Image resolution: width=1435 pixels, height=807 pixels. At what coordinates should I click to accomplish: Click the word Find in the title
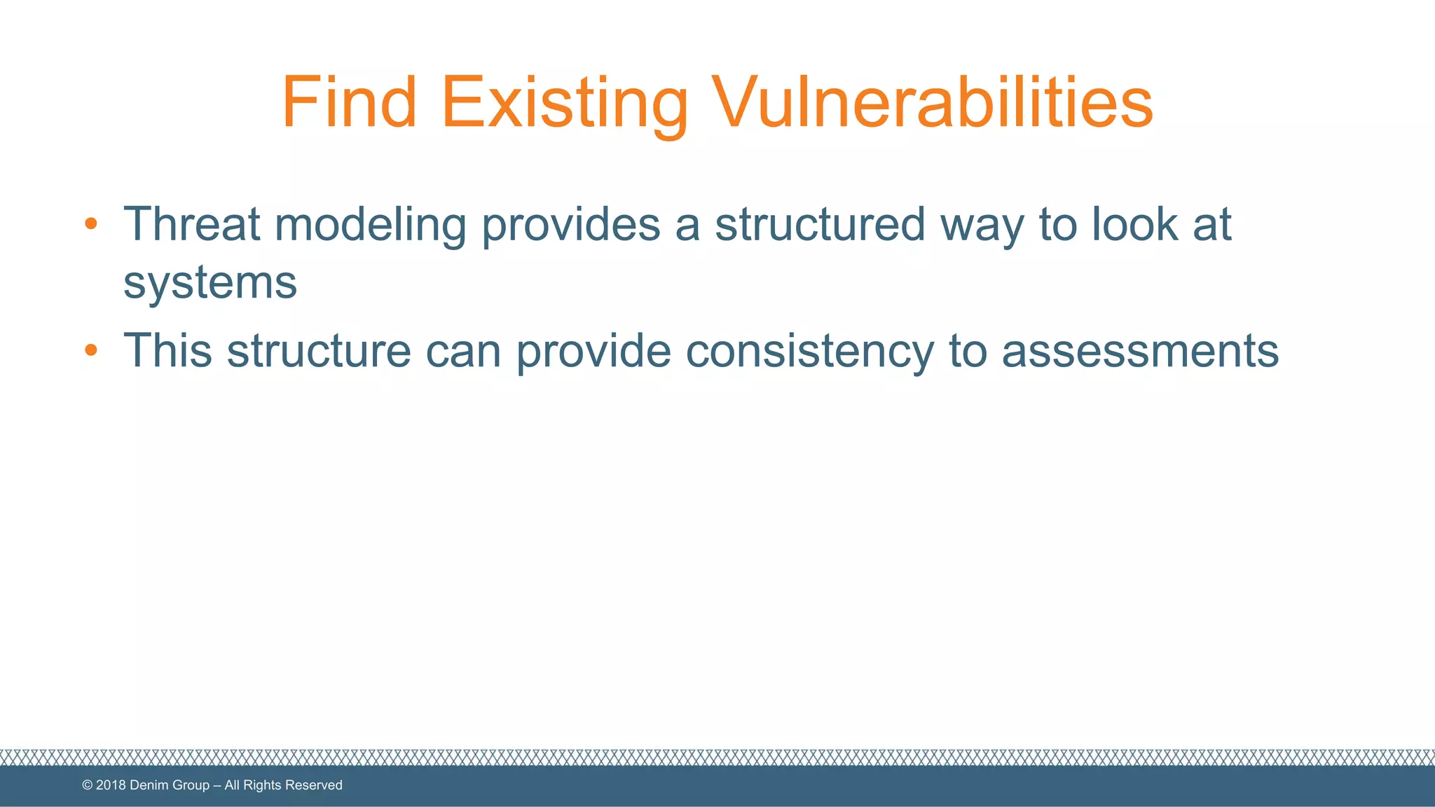349,103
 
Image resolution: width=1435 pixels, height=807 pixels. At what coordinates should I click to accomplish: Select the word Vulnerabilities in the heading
932,103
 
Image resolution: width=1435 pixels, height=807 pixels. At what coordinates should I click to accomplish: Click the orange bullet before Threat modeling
90,224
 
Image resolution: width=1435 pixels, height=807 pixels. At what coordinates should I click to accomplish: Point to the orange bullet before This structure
90,350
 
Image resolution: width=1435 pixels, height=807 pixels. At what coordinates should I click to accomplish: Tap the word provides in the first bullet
571,226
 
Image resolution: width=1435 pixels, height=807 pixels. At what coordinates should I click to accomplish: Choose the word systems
210,284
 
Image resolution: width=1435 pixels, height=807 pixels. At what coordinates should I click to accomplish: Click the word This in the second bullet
167,350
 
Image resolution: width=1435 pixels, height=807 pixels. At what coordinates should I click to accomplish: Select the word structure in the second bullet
319,350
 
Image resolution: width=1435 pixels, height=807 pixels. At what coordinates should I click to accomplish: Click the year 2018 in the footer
111,785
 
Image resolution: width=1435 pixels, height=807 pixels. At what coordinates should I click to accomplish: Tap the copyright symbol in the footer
88,785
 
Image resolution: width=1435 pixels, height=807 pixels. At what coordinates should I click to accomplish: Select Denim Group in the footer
170,785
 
